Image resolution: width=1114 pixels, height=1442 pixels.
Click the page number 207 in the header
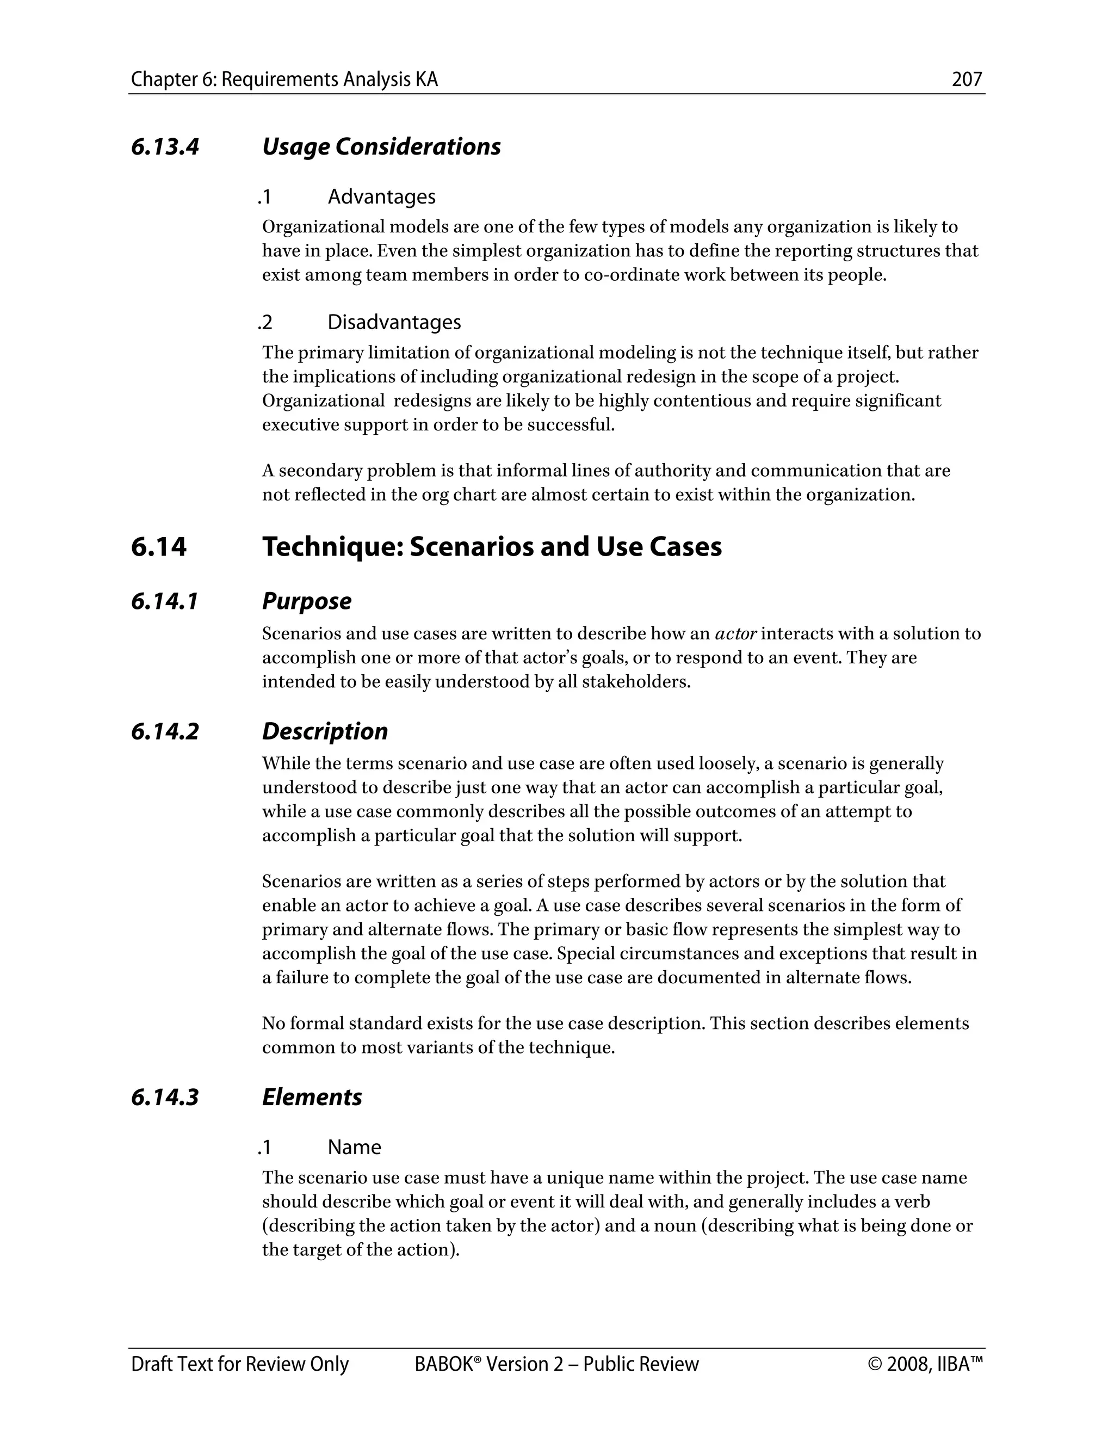click(967, 79)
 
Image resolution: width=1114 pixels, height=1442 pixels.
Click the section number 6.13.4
click(164, 146)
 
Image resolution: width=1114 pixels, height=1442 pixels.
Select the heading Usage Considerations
click(381, 146)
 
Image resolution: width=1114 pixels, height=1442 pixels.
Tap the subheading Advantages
click(381, 197)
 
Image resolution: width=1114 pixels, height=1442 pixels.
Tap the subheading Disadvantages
click(394, 322)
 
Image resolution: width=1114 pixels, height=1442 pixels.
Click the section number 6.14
click(158, 547)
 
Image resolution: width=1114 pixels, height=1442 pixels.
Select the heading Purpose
click(306, 601)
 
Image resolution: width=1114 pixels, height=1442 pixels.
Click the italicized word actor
click(735, 634)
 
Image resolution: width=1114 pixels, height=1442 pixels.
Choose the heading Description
click(325, 731)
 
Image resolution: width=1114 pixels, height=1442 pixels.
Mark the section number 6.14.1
click(164, 601)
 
